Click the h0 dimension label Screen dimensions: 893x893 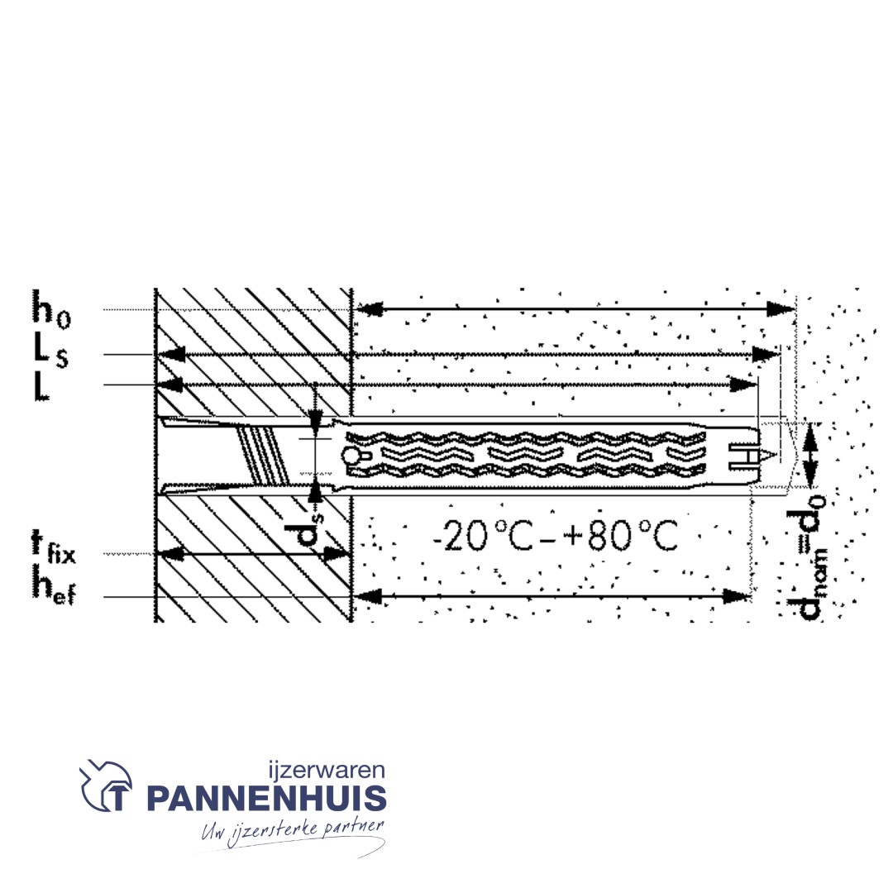(x=51, y=308)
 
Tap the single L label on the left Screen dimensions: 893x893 (x=41, y=385)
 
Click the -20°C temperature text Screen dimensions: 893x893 (x=482, y=535)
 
